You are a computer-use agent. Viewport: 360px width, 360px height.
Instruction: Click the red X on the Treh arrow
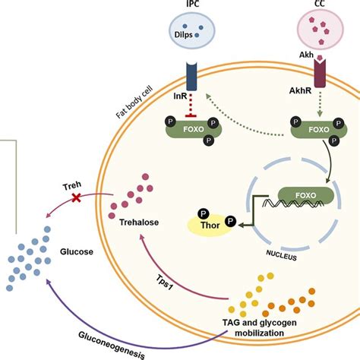pos(76,196)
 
